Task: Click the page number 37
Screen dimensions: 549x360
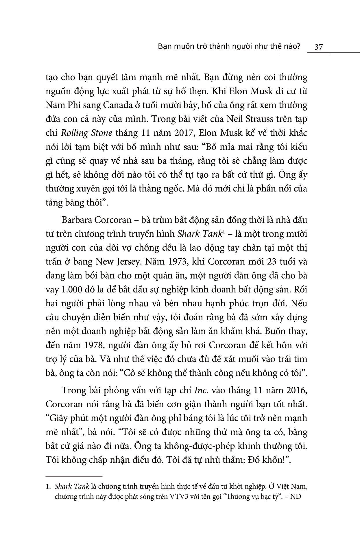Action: pos(318,47)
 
